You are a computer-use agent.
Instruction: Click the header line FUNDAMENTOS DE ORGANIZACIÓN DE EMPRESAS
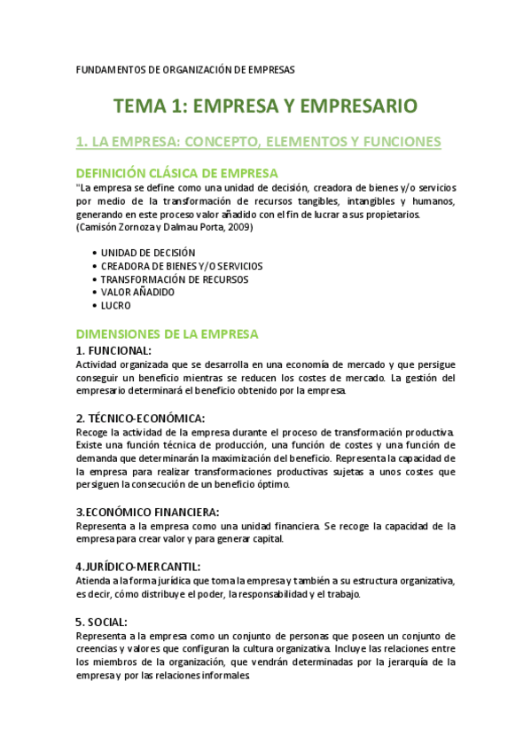point(185,69)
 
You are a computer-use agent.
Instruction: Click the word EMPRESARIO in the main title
point(349,106)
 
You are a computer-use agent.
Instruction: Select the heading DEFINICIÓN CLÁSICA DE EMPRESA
point(176,172)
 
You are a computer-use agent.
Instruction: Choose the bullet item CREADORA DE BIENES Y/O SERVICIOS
point(181,266)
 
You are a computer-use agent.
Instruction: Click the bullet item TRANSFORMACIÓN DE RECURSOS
point(174,279)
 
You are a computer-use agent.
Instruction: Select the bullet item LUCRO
point(115,305)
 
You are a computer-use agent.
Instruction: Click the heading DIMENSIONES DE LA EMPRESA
point(167,334)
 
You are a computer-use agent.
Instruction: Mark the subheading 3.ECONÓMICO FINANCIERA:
point(147,512)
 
